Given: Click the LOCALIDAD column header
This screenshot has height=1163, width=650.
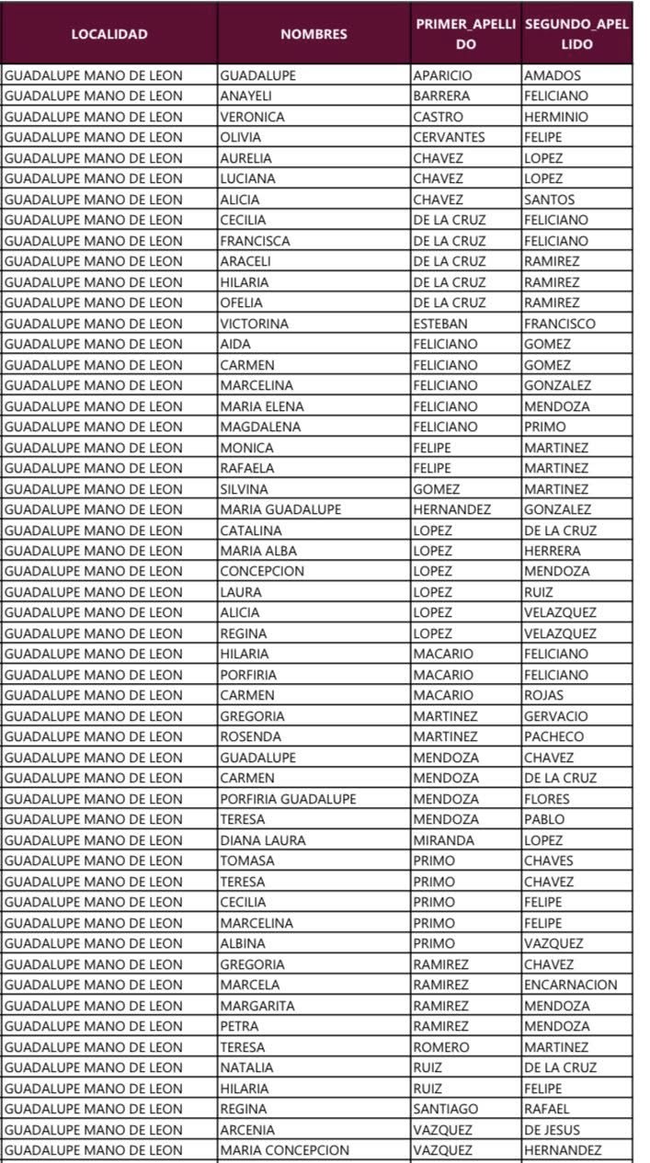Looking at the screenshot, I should tap(109, 34).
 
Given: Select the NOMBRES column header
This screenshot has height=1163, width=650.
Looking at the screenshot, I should tap(314, 34).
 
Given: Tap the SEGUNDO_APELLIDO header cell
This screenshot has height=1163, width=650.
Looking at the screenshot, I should tap(576, 34).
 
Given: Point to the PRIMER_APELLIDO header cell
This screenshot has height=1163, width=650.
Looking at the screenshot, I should tap(466, 34).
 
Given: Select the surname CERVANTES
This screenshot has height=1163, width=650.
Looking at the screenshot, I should tap(449, 137).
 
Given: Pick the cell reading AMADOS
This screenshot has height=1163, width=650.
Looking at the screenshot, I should tap(553, 75).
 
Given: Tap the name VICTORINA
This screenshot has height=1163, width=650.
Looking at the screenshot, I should tap(254, 324).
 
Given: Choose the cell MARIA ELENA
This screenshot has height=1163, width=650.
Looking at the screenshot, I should tap(262, 406).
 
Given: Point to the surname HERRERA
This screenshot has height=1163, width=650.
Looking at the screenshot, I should tap(553, 551).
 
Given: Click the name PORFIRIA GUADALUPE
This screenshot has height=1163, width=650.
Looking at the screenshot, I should tap(288, 799).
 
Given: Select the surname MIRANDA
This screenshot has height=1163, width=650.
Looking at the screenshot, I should tap(444, 840).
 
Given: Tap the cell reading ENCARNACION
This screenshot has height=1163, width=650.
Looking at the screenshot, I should tap(571, 985).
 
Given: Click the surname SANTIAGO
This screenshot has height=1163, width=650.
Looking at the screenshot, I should tap(446, 1109).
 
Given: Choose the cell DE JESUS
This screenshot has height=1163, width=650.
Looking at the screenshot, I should tap(553, 1130).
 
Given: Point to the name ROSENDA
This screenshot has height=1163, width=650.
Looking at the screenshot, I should tap(250, 736).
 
